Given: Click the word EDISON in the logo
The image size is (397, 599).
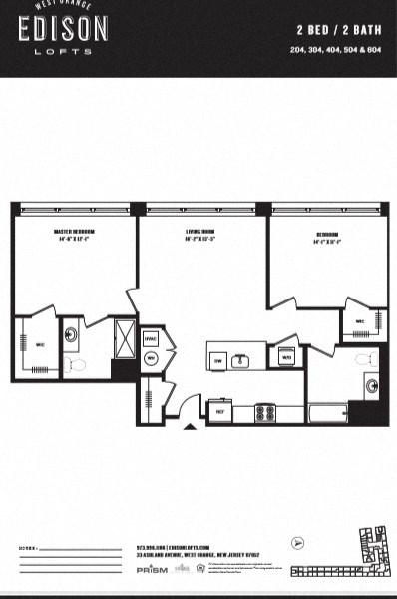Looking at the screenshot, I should pos(63,29).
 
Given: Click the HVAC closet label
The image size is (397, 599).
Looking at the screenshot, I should pos(151,338).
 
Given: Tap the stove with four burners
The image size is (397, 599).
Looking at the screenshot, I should pos(265,410).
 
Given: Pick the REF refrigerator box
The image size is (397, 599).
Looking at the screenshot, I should pos(219,410).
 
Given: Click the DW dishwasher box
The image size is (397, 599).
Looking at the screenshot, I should pos(218,360).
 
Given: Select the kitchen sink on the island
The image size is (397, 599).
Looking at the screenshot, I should pos(240,359).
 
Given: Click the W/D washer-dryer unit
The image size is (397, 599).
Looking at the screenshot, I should pos(286,357).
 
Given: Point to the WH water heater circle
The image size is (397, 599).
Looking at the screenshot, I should pos(152,357).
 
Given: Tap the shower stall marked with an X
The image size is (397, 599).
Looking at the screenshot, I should pos(125,332).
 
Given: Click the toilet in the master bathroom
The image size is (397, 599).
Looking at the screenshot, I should pos(77,365).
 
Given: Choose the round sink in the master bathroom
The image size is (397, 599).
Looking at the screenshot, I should pos(71,334).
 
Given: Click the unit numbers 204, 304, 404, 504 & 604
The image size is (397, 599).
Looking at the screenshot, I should pos(339,49).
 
